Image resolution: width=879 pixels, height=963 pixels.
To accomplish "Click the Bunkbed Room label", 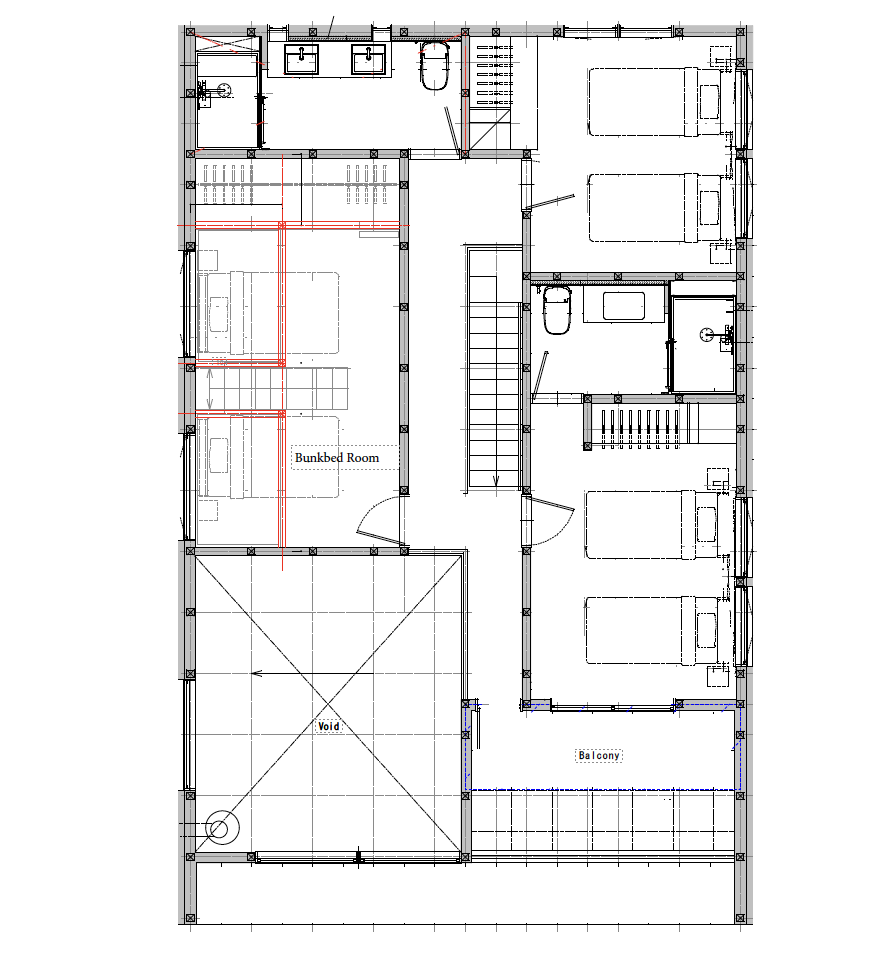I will point(337,458).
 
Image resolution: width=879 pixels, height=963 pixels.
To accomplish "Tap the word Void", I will point(329,726).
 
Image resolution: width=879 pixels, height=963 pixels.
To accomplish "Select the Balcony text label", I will point(599,756).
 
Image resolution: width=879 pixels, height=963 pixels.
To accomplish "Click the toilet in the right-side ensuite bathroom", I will point(556,310).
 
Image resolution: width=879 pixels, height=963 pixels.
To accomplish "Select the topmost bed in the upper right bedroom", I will point(655,101).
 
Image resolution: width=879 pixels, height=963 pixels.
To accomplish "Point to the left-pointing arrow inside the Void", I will point(257,673).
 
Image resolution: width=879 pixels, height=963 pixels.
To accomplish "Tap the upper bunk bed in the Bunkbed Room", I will point(268,312).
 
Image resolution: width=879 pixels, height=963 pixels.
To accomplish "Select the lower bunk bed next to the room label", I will point(268,457).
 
